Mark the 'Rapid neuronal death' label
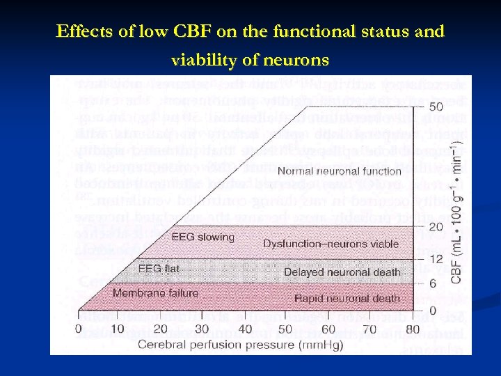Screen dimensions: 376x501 pos(347,298)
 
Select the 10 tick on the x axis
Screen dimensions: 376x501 pos(118,329)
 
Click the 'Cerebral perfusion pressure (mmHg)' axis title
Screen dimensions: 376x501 pos(241,344)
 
